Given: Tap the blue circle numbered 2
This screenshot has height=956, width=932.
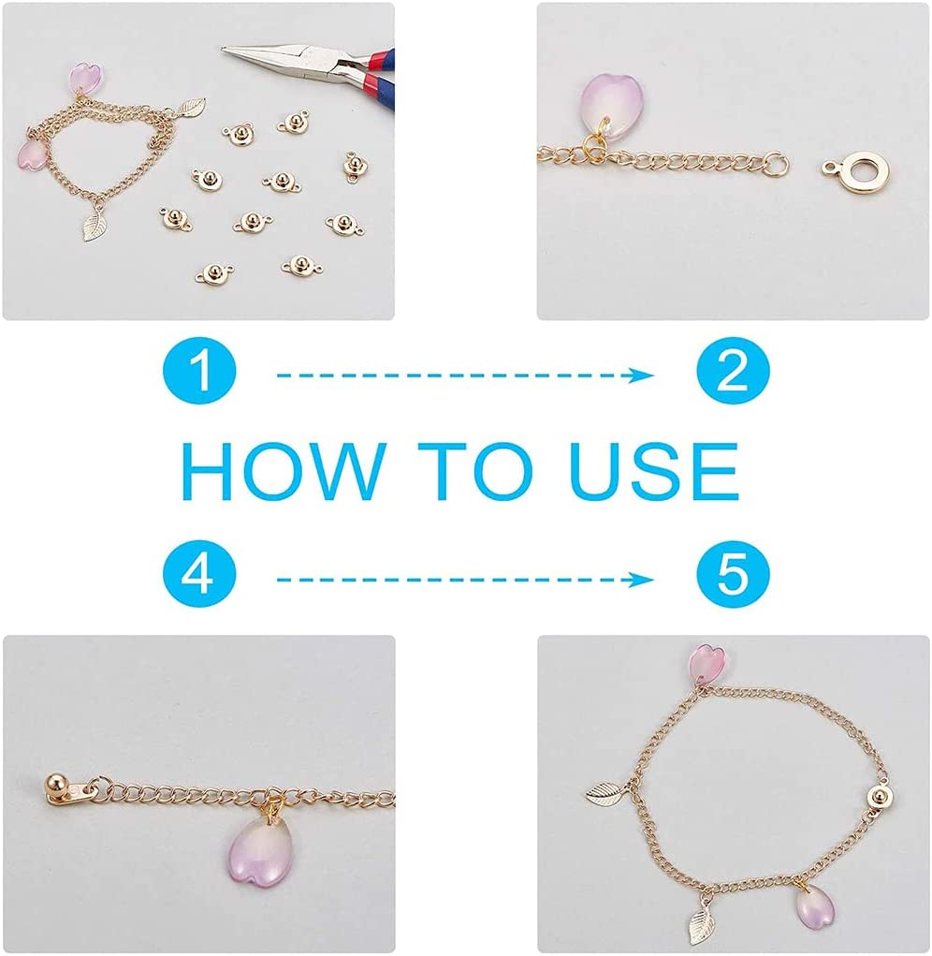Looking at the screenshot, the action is (733, 372).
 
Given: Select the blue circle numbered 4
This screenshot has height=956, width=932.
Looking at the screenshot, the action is (199, 576).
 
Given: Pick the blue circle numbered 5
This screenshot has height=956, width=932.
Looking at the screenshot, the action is (733, 576).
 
